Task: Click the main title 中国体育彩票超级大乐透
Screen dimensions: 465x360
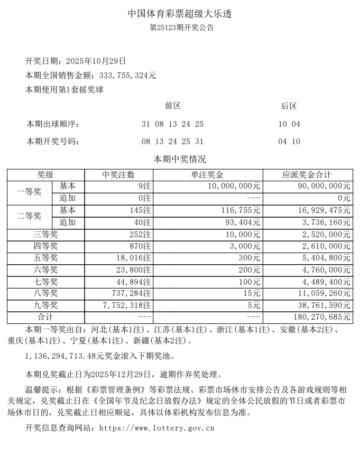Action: point(180,14)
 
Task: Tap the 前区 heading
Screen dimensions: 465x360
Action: point(172,106)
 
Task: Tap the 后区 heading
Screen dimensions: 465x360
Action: point(289,106)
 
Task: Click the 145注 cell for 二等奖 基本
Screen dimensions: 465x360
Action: point(140,210)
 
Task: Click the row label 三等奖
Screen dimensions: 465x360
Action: point(45,234)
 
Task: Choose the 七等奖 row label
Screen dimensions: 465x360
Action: point(45,282)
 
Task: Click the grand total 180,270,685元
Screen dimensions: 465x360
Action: point(320,318)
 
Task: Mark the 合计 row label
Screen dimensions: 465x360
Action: point(45,318)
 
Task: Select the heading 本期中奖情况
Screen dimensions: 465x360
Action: point(180,159)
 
